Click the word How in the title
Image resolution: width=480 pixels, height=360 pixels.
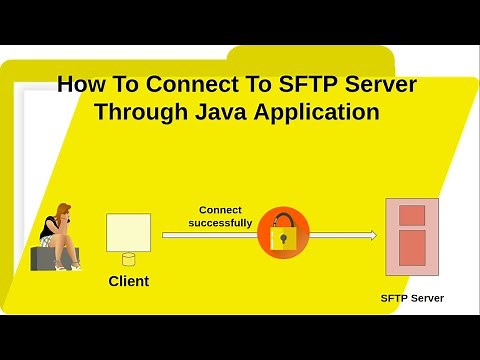pyautogui.click(x=78, y=84)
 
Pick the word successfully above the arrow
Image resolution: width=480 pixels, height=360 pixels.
pyautogui.click(x=220, y=223)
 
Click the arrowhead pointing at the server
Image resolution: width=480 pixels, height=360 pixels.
pyautogui.click(x=372, y=236)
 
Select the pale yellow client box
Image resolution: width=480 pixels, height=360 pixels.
pyautogui.click(x=128, y=232)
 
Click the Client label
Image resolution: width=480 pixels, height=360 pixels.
pyautogui.click(x=128, y=281)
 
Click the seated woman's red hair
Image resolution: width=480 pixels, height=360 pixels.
pyautogui.click(x=62, y=211)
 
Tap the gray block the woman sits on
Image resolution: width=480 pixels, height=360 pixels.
pyautogui.click(x=42, y=258)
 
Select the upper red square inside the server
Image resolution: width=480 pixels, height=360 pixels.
pyautogui.click(x=412, y=215)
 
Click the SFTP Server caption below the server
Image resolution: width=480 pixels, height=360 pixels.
pyautogui.click(x=412, y=298)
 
